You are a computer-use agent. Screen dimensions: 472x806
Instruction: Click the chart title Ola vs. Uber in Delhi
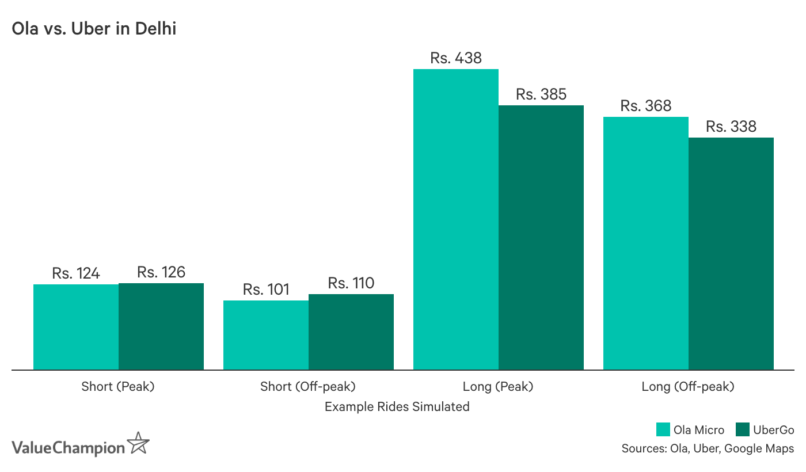94,28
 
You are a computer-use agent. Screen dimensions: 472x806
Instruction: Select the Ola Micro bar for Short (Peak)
76,327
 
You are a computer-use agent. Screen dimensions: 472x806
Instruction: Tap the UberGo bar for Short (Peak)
161,326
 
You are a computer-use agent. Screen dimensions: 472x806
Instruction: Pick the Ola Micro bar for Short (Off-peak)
266,335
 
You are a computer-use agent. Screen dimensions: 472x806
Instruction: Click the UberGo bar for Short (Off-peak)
351,332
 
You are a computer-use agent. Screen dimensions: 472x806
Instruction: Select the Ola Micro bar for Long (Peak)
456,219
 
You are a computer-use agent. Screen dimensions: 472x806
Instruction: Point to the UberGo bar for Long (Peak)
541,237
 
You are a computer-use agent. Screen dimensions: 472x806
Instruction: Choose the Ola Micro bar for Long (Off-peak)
646,243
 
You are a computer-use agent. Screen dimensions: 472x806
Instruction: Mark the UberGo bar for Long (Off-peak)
731,253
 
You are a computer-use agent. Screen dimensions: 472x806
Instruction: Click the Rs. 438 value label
456,58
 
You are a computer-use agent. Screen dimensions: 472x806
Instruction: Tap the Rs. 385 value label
541,94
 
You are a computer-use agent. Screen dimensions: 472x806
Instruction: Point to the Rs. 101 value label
266,290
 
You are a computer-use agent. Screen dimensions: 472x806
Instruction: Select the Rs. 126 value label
161,272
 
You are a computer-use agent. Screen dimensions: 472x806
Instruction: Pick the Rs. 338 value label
731,127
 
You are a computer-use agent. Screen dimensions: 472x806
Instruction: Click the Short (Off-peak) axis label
308,387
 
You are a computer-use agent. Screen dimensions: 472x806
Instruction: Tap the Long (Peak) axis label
498,387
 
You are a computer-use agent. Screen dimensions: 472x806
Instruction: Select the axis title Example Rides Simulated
397,407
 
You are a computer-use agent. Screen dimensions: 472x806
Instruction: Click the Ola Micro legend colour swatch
663,430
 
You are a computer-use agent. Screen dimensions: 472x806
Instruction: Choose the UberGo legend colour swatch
743,430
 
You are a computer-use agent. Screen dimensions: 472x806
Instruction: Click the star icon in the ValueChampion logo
138,443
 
